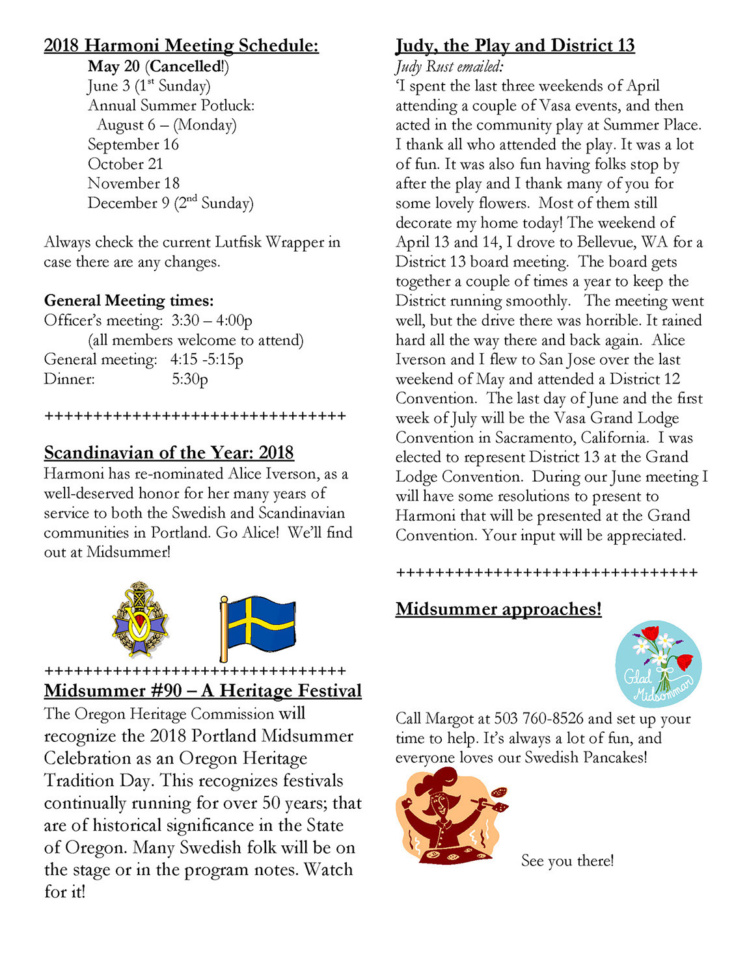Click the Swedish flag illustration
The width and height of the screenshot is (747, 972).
pyautogui.click(x=258, y=627)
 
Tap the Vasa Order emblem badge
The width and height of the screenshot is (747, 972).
pyautogui.click(x=139, y=620)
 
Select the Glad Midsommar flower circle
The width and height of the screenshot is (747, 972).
pyautogui.click(x=658, y=664)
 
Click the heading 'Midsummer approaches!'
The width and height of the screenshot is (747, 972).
pyautogui.click(x=498, y=609)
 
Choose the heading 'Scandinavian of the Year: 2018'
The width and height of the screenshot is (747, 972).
pyautogui.click(x=169, y=453)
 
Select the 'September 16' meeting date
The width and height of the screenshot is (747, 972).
pyautogui.click(x=133, y=144)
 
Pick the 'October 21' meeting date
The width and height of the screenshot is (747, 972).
pyautogui.click(x=126, y=164)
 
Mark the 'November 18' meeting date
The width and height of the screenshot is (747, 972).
pyautogui.click(x=133, y=183)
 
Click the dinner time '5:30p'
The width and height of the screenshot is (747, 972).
pyautogui.click(x=190, y=379)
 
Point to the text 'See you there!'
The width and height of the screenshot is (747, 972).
pyautogui.click(x=567, y=861)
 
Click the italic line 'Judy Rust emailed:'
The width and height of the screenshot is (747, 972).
pyautogui.click(x=449, y=66)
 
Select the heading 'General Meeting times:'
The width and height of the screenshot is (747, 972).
pyautogui.click(x=129, y=300)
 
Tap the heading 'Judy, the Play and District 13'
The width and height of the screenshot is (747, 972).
pyautogui.click(x=515, y=46)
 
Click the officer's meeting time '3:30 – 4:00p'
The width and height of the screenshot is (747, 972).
pyautogui.click(x=211, y=321)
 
